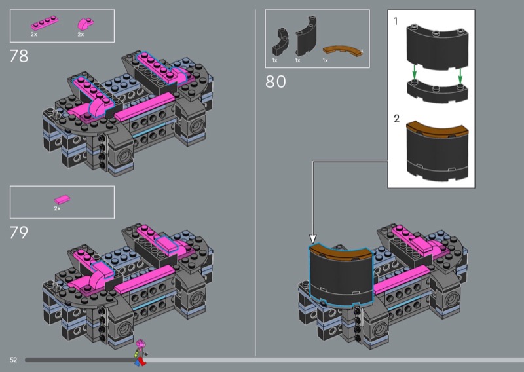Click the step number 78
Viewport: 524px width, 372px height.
tap(19, 56)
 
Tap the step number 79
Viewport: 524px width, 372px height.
tap(19, 232)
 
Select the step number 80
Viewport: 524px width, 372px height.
tap(276, 82)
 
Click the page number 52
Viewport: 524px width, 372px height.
tap(13, 360)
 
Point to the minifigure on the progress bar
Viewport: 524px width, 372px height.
tap(141, 353)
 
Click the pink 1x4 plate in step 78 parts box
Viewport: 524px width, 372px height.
tap(45, 23)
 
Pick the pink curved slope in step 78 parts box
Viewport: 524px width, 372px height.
tap(86, 24)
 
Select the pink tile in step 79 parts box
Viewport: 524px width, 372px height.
tap(62, 200)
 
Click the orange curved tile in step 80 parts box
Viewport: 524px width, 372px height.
tap(343, 51)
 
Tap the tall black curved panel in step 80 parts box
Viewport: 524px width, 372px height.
tap(305, 37)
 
